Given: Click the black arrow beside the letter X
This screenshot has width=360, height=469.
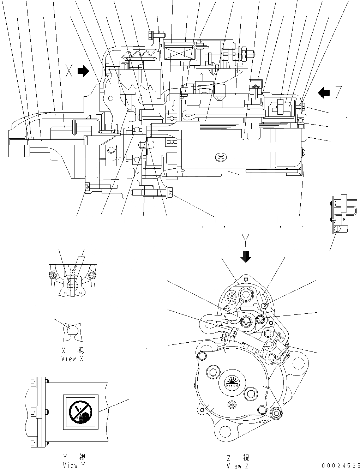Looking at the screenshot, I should pyautogui.click(x=83, y=72).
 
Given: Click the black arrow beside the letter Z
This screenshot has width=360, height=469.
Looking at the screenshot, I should pyautogui.click(x=324, y=93).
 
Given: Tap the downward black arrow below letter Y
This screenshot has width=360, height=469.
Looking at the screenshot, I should pyautogui.click(x=246, y=257).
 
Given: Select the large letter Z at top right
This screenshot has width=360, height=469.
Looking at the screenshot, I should pyautogui.click(x=339, y=93).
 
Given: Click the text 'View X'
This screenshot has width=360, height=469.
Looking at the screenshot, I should pyautogui.click(x=73, y=359).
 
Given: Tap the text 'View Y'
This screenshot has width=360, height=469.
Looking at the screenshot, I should pyautogui.click(x=73, y=465).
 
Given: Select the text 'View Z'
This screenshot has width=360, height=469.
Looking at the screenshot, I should pyautogui.click(x=239, y=466).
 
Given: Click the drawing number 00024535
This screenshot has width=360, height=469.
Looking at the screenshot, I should pyautogui.click(x=341, y=465).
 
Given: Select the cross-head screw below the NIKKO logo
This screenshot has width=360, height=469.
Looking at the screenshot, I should pyautogui.click(x=232, y=403).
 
